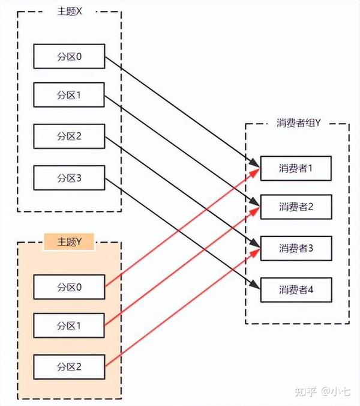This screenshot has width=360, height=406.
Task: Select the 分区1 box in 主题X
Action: tap(69, 95)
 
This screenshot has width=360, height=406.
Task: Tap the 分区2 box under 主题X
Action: tap(69, 136)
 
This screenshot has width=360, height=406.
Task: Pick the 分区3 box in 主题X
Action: tap(69, 177)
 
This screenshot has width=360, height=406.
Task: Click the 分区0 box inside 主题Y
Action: tap(69, 286)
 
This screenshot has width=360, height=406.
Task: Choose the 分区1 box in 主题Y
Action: tap(69, 325)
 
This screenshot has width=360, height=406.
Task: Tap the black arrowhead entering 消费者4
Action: tap(256, 287)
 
